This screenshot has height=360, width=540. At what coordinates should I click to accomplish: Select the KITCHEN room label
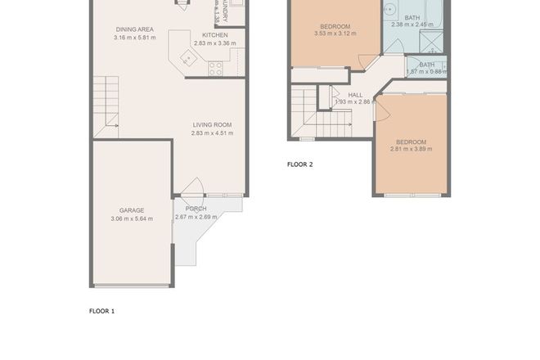[214, 35]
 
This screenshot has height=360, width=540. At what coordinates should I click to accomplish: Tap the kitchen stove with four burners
[216, 69]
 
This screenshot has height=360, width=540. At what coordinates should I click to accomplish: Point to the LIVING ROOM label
[212, 124]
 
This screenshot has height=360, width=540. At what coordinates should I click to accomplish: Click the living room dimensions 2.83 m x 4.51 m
[212, 133]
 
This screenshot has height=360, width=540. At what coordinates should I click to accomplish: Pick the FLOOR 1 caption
[102, 311]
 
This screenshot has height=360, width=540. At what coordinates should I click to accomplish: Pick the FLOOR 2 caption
[299, 164]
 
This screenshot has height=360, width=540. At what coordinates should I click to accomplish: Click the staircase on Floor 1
[105, 106]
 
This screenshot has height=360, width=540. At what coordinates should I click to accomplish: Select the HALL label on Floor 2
[355, 95]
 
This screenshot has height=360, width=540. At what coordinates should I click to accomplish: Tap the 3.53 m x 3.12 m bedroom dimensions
[335, 35]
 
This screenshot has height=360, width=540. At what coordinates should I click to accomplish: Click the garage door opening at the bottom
[132, 286]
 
